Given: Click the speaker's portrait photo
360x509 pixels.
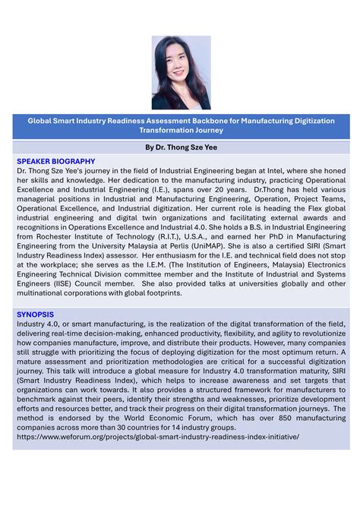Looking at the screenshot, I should tap(180, 72).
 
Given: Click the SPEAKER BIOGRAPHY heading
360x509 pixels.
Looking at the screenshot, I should tap(55, 161).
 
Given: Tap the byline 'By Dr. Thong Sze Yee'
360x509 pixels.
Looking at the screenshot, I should tap(180, 146).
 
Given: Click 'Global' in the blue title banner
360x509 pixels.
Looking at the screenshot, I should tap(44, 120).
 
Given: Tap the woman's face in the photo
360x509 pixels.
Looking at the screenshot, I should tap(178, 61).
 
